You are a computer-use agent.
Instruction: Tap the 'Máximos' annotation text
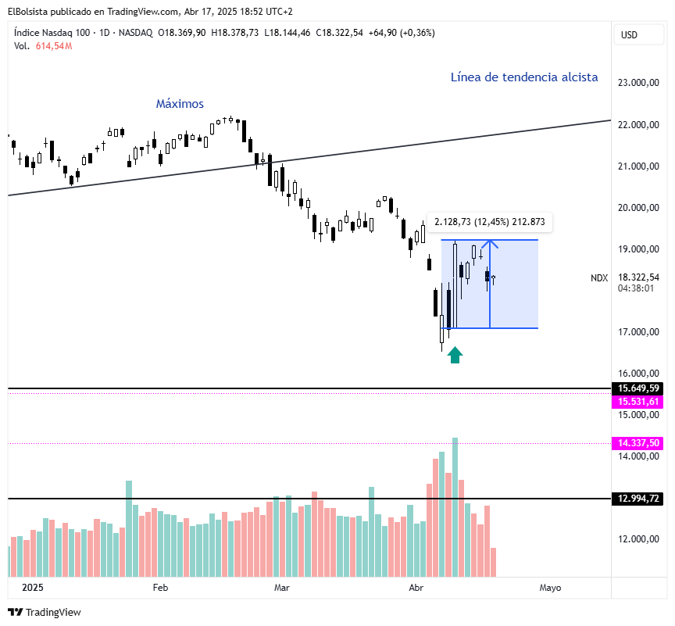coord(180,104)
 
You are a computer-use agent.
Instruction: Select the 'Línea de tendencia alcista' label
coord(524,77)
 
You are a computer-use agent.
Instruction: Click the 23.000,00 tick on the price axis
coord(638,83)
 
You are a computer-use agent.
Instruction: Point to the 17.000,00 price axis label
coord(638,332)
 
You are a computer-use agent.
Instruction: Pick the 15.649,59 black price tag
coord(638,388)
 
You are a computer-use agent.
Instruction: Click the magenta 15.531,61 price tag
coord(638,402)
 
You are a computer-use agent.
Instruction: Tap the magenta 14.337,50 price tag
coord(638,443)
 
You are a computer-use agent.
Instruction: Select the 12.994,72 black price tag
coord(638,499)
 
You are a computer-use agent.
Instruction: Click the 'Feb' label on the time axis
coord(160,587)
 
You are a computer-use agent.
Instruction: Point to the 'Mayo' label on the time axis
coord(550,587)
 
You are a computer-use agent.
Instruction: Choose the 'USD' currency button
coord(629,34)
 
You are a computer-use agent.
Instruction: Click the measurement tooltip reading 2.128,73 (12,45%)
coord(490,223)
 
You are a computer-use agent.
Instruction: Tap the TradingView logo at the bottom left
coord(45,612)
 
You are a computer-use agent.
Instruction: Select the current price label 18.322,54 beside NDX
coord(638,277)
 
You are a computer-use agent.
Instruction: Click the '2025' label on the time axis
coord(33,587)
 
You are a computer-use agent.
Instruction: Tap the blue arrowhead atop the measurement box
coord(490,243)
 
